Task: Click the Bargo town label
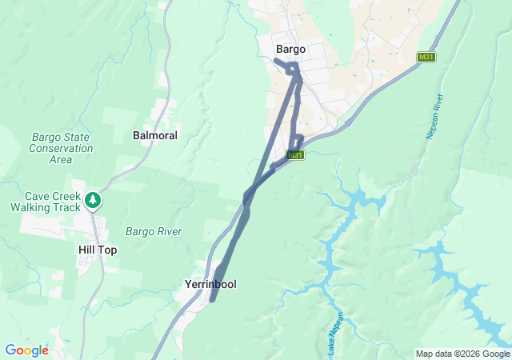290,49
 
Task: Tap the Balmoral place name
154,135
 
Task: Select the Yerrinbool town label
210,284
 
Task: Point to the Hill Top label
98,250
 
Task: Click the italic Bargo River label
154,231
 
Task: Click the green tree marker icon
94,198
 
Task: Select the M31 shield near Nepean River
426,58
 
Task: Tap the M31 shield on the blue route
296,154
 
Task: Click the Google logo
26,350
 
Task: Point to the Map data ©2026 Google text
462,354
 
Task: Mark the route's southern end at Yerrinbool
212,300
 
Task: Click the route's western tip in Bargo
275,60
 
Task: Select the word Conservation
61,148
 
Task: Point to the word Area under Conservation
61,159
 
